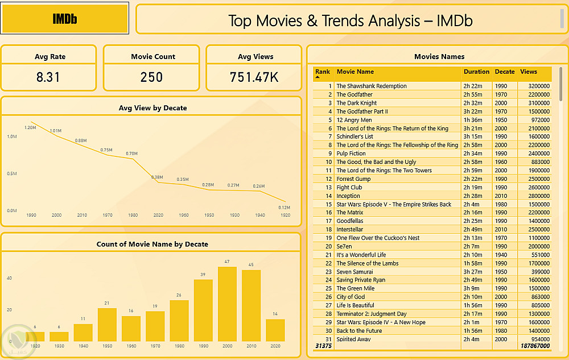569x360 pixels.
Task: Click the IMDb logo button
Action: coord(65,18)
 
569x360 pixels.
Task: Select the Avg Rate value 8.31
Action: coord(48,77)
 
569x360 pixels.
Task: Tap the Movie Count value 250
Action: coord(151,77)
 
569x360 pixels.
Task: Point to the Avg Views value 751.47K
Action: coord(254,77)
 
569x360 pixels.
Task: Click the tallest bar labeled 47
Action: coord(227,304)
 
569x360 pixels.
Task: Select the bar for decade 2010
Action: coord(251,305)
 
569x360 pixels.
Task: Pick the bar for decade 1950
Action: coord(107,324)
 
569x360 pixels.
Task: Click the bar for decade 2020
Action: coord(275,330)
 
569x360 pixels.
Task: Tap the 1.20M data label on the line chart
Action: coord(30,127)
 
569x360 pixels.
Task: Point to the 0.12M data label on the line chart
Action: coord(284,207)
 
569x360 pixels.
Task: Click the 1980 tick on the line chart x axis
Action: coord(132,216)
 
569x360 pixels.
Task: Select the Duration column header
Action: coord(476,72)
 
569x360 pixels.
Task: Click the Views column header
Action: coord(529,72)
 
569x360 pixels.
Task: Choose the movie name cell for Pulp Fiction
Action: coord(351,154)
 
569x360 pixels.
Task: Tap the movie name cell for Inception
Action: coord(348,196)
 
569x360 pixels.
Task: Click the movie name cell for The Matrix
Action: coord(350,213)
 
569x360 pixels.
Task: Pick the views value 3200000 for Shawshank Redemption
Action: coord(535,86)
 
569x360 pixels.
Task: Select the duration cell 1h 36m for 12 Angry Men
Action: coord(472,120)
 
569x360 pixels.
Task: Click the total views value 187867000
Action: coord(535,346)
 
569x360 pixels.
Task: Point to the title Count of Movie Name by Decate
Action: coord(152,244)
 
